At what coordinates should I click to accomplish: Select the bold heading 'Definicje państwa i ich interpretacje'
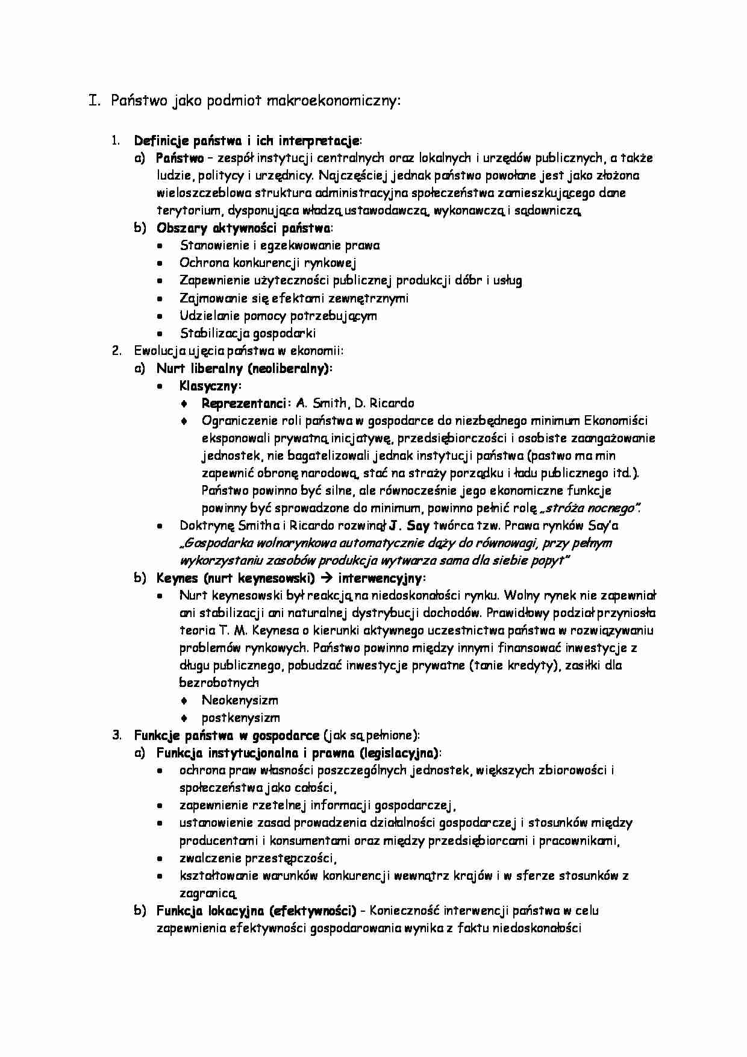(x=246, y=141)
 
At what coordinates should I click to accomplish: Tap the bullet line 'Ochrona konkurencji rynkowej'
(x=268, y=263)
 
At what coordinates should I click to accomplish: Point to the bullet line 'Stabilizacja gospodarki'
(x=248, y=333)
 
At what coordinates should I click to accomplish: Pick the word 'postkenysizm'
(x=241, y=718)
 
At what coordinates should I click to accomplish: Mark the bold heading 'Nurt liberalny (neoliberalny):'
(x=245, y=368)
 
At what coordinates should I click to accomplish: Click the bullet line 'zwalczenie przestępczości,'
(x=258, y=858)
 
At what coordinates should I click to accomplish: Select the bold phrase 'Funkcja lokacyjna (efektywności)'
(x=256, y=911)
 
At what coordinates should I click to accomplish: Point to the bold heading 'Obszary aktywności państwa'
(x=243, y=228)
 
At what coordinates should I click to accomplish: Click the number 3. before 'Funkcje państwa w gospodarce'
(x=117, y=735)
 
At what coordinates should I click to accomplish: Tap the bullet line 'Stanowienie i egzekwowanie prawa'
(x=280, y=245)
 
